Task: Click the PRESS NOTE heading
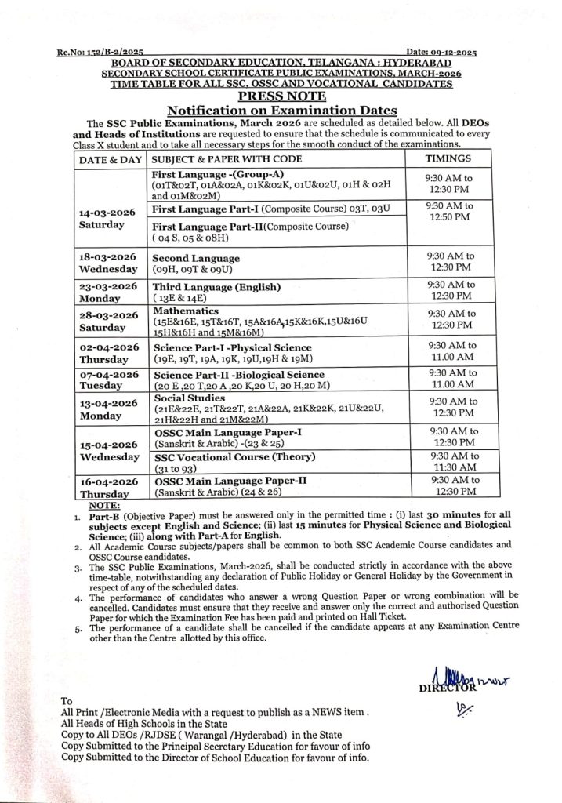[x=281, y=96]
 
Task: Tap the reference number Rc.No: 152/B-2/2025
[x=100, y=50]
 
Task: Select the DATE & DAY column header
[x=111, y=158]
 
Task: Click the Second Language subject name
[x=196, y=258]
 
